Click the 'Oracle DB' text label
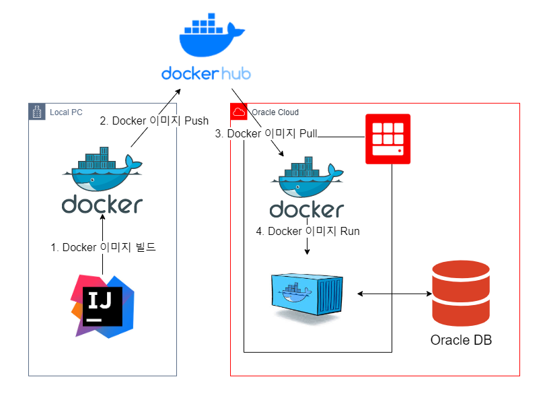461,339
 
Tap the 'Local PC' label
66,112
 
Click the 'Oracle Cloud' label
275,112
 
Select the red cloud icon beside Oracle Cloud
238,112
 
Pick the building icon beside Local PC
36,112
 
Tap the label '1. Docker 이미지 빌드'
104,247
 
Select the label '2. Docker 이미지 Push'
154,121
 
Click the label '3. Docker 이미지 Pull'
266,134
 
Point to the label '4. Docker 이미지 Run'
308,232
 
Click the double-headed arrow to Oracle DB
394,294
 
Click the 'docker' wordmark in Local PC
102,204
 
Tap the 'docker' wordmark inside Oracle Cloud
307,209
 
